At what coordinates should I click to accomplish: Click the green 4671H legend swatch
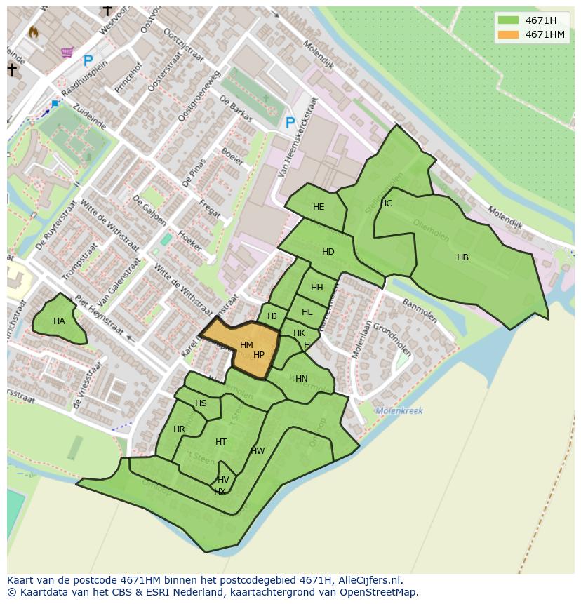pyautogui.click(x=508, y=20)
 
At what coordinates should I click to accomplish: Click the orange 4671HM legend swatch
pyautogui.click(x=508, y=34)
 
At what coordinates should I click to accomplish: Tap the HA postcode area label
pyautogui.click(x=59, y=321)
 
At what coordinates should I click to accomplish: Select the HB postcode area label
pyautogui.click(x=462, y=257)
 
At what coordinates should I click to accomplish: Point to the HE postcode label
pyautogui.click(x=319, y=207)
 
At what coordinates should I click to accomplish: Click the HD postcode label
pyautogui.click(x=328, y=252)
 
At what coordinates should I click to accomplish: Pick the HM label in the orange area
pyautogui.click(x=246, y=345)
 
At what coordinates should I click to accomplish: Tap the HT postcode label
pyautogui.click(x=221, y=442)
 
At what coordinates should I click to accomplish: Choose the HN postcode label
pyautogui.click(x=301, y=379)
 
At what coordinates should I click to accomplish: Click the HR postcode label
pyautogui.click(x=179, y=429)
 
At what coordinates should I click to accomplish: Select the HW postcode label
pyautogui.click(x=258, y=451)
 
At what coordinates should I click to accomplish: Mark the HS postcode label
pyautogui.click(x=201, y=403)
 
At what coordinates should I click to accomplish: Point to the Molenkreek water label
pyautogui.click(x=399, y=411)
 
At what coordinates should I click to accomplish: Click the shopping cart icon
pyautogui.click(x=67, y=52)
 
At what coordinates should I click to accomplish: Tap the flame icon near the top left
pyautogui.click(x=33, y=32)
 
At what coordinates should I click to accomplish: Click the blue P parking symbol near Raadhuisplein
pyautogui.click(x=88, y=62)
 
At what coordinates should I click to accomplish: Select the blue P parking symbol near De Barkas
pyautogui.click(x=290, y=123)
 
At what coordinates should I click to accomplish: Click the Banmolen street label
pyautogui.click(x=419, y=311)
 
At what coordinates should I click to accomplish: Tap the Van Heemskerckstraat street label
pyautogui.click(x=297, y=137)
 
